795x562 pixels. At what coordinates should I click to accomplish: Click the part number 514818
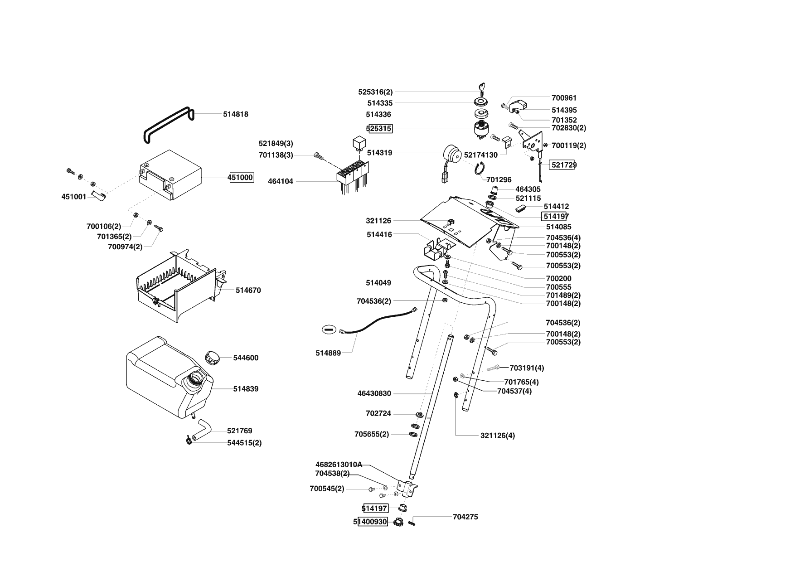235,115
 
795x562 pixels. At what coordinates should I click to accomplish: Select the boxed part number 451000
241,178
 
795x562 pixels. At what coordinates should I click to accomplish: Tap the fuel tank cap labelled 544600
212,357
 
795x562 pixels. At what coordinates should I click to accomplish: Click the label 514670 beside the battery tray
248,291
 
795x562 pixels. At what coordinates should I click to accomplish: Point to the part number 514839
246,389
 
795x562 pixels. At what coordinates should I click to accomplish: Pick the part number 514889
328,353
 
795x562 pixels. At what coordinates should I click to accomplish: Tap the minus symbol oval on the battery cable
330,329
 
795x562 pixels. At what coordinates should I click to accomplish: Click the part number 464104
281,181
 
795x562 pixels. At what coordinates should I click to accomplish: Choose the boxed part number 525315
379,129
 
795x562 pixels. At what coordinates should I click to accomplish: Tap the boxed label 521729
563,165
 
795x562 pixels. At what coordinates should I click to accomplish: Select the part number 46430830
374,394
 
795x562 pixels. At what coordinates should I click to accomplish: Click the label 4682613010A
339,465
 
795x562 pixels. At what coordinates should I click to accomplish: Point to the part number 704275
465,517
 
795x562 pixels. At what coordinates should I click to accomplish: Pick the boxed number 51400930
373,522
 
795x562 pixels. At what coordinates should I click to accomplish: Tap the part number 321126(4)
497,436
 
